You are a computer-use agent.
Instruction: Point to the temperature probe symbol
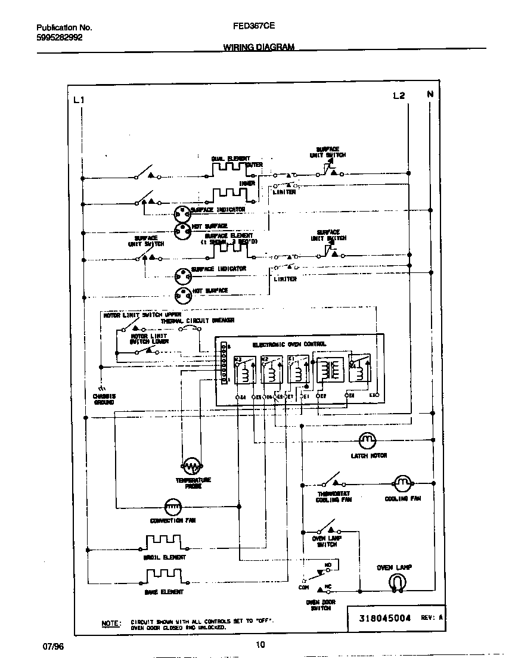click(191, 465)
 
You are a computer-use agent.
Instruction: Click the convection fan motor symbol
click(172, 506)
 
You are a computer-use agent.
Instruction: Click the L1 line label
click(78, 100)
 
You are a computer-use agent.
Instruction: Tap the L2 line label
click(399, 95)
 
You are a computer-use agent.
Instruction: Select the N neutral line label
click(430, 94)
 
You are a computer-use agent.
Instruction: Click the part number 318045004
click(385, 619)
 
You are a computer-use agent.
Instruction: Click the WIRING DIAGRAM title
click(258, 46)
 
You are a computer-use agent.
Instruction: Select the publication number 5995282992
click(60, 37)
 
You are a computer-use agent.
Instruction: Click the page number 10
click(260, 644)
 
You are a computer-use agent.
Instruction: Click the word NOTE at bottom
click(111, 623)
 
